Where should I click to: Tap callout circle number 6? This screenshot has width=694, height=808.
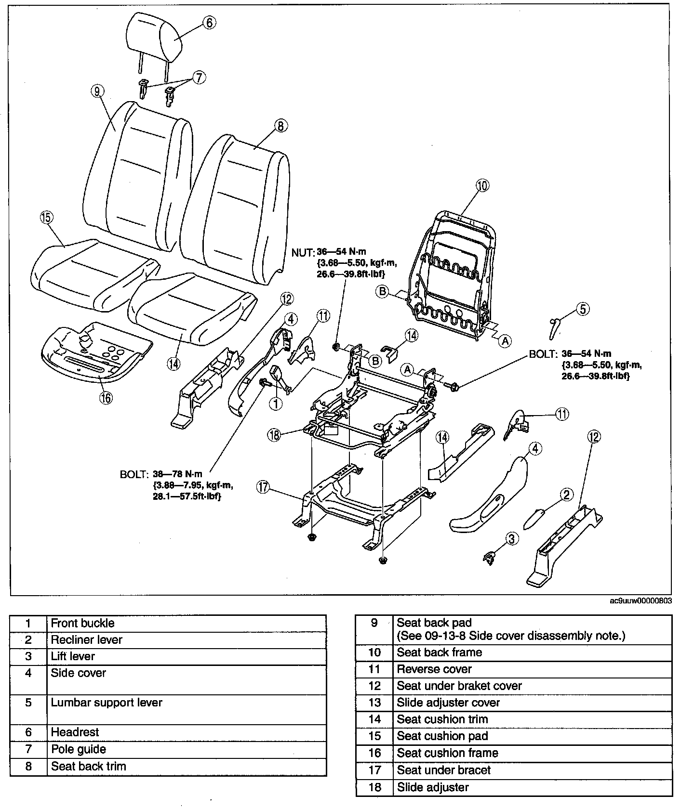pos(209,23)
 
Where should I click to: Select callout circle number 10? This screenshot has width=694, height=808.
pos(482,185)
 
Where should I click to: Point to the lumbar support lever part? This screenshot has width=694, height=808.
pos(554,327)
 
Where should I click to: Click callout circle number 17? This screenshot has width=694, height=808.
pos(263,487)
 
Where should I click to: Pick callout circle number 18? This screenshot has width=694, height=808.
pos(274,434)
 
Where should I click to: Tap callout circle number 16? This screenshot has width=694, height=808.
pos(106,397)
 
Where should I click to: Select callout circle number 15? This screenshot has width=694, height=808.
pos(46,218)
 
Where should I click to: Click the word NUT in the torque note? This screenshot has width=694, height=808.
pos(303,252)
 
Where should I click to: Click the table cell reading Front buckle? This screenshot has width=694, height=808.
pos(82,623)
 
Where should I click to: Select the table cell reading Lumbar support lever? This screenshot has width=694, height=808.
pos(107,703)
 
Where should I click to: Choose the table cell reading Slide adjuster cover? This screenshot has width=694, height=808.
pos(448,703)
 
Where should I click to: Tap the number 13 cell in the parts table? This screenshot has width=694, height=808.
pos(374,703)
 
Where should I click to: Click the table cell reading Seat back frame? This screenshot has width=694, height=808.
pos(439,652)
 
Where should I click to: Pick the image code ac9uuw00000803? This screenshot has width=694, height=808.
pos(641,601)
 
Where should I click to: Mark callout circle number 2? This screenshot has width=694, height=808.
pos(566,494)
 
